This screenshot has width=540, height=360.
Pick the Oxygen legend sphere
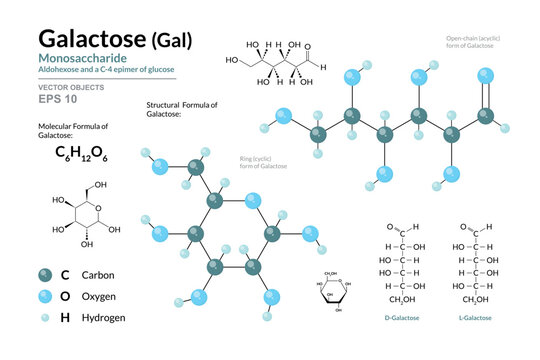pos(46,296)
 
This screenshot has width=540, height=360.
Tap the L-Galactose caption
pos(475,318)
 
